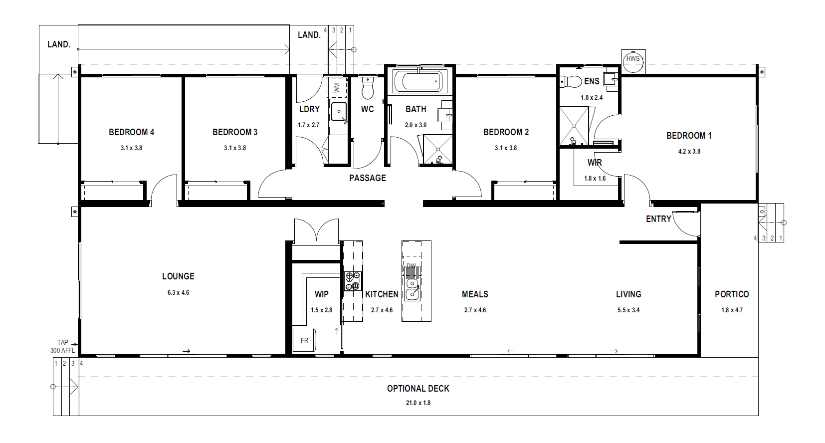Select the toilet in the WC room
pyautogui.click(x=367, y=88)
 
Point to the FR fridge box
pyautogui.click(x=304, y=340)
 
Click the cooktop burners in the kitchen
pyautogui.click(x=353, y=281)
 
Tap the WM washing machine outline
pyautogui.click(x=337, y=88)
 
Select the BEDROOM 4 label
pyautogui.click(x=132, y=132)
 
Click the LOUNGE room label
pyautogui.click(x=178, y=276)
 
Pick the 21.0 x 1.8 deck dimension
pyautogui.click(x=418, y=403)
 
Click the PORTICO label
pyautogui.click(x=732, y=294)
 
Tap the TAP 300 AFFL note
pyautogui.click(x=63, y=347)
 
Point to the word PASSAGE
pyautogui.click(x=368, y=178)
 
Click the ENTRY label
pyautogui.click(x=658, y=219)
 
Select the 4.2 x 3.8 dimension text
pyautogui.click(x=689, y=151)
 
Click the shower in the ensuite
pyautogui.click(x=574, y=126)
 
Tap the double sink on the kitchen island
pyautogui.click(x=412, y=289)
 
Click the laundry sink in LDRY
pyautogui.click(x=339, y=112)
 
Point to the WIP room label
pyautogui.click(x=322, y=294)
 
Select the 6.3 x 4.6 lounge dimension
pyautogui.click(x=178, y=293)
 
